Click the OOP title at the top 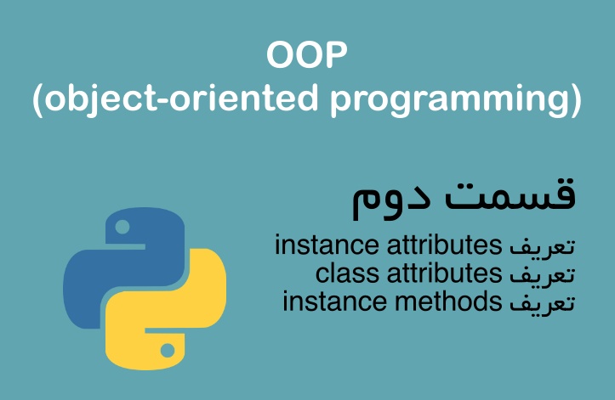pos(307,58)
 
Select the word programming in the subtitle pos(443,101)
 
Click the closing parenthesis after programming pos(576,100)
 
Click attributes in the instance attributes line pos(444,246)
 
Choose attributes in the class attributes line pos(445,273)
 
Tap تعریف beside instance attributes pos(543,247)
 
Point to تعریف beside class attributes pos(543,274)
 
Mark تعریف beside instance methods pos(543,301)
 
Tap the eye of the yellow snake pos(168,349)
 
